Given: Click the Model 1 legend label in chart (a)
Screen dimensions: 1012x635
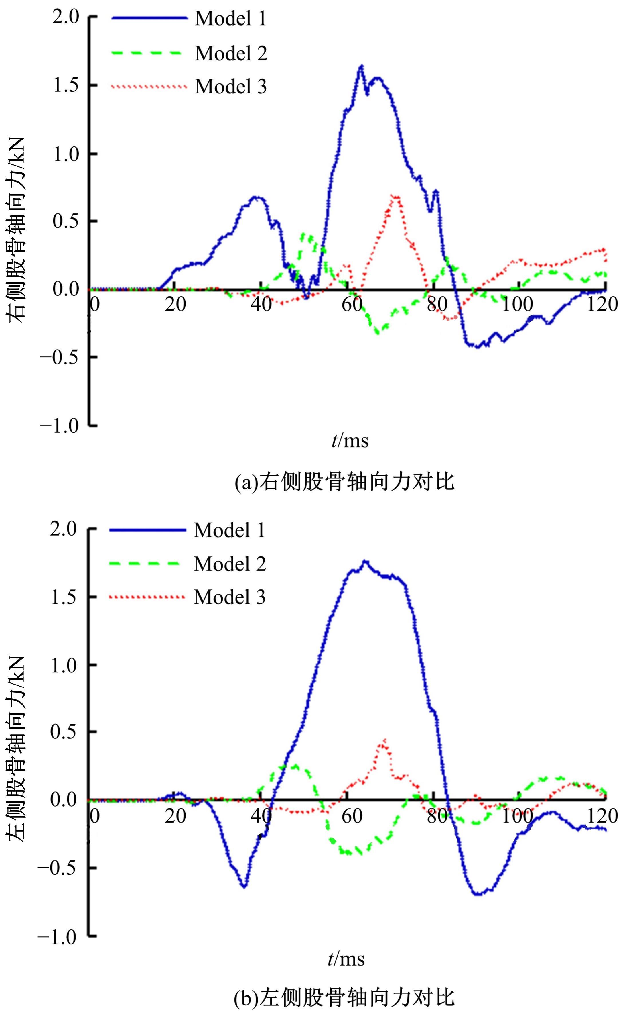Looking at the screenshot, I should (x=230, y=19).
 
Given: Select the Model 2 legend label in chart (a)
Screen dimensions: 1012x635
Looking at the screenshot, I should (x=230, y=53).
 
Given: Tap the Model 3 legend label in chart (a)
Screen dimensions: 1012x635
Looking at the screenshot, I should (x=230, y=87).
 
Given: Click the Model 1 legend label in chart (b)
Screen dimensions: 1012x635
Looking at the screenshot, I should (x=229, y=530).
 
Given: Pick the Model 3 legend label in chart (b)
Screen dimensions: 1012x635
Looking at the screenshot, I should (x=229, y=597).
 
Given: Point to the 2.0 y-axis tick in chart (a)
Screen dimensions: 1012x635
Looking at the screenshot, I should (x=65, y=18).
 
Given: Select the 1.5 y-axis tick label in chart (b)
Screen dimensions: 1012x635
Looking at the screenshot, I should (x=64, y=597).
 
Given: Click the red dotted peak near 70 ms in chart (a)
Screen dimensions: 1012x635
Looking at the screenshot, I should (x=395, y=196).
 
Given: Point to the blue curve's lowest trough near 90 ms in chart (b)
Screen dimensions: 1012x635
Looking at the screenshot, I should (x=478, y=894).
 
